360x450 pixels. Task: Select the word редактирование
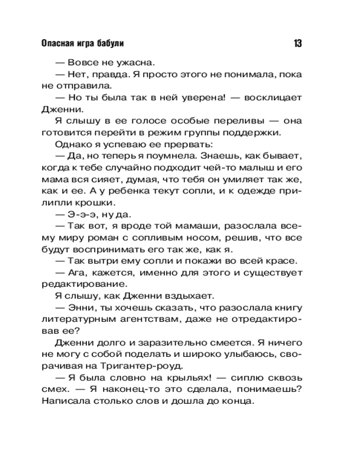pyautogui.click(x=77, y=284)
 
